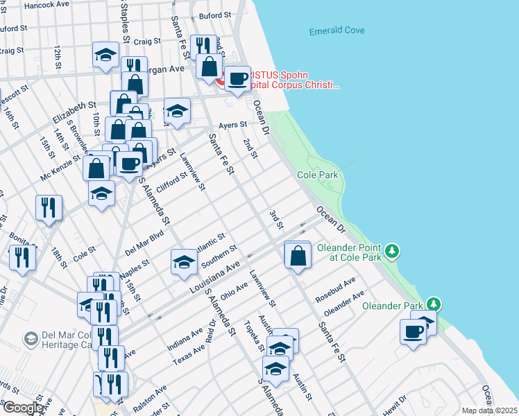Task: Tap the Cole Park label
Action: (x=318, y=175)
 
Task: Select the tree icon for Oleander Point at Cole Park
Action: (x=393, y=250)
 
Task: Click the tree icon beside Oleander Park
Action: (x=434, y=304)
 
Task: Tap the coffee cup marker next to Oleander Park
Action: (x=414, y=331)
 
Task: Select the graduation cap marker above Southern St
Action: (x=184, y=261)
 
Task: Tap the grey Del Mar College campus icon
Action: (x=31, y=338)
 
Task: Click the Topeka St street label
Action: (x=251, y=338)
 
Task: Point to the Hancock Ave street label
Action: (x=46, y=5)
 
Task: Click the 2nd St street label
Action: (x=250, y=148)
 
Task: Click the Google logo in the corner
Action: (x=23, y=408)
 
